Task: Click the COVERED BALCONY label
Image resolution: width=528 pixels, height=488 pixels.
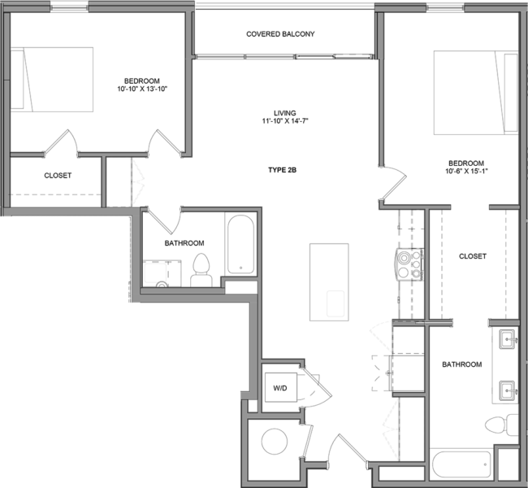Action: pos(280,34)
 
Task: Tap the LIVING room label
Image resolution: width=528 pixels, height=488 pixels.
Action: pos(284,112)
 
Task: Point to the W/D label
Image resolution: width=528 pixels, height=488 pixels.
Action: pos(280,389)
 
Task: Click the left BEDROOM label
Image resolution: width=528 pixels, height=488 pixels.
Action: pos(141,81)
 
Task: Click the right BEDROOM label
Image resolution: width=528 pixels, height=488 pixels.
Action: pos(466,163)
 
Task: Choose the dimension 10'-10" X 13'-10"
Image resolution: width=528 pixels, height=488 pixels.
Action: pos(141,89)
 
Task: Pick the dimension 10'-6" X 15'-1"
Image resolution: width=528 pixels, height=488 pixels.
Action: pos(466,172)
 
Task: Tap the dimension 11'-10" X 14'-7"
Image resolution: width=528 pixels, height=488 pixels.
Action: pos(284,121)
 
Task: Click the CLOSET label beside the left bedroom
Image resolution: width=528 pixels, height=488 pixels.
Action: pos(58,176)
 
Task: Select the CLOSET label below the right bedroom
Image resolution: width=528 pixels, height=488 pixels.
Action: pos(473,256)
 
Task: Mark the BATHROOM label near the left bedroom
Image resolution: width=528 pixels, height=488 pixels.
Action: pos(184,243)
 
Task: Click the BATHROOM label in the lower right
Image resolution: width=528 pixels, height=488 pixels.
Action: pos(462,365)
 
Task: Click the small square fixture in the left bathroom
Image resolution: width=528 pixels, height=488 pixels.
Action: pos(155,272)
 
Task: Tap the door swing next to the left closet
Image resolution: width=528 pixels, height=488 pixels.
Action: pos(137,181)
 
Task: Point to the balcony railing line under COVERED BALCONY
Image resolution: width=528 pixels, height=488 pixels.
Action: pos(245,57)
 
